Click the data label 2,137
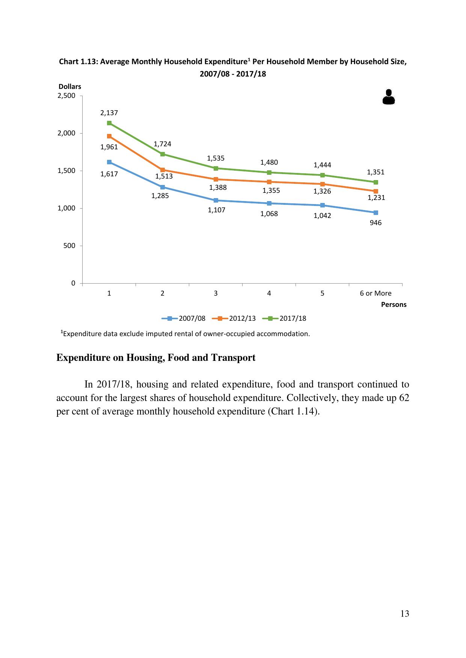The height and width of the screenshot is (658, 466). [109, 113]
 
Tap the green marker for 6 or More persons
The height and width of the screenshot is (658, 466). [376, 182]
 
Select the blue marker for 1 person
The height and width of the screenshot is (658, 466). [109, 162]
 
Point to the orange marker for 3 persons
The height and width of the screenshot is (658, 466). [216, 179]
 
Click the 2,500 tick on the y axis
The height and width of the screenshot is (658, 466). [66, 96]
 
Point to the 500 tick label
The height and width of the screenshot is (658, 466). [69, 246]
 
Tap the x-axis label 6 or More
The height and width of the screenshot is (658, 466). [376, 293]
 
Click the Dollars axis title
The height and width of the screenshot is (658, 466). [69, 87]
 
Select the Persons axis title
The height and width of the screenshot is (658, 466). [394, 305]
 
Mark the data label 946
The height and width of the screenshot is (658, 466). [376, 223]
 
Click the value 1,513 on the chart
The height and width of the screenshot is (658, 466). [164, 176]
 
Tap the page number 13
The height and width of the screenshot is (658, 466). [404, 614]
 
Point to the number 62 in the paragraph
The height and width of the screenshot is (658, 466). [404, 398]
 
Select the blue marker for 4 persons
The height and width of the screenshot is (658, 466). [269, 203]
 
